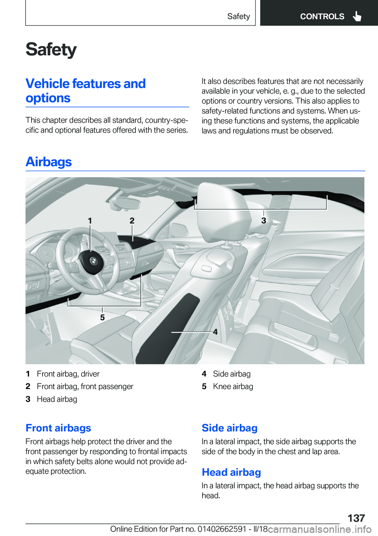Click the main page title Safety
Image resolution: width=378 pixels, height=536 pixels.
51,50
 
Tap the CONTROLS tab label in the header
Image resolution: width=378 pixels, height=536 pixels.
322,17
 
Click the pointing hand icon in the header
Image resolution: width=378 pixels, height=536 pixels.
357,16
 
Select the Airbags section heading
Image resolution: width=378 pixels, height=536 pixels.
48,162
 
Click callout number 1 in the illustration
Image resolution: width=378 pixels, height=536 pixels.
90,221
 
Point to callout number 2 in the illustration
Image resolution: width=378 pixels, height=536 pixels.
132,221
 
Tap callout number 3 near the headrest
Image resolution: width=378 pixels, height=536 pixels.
264,220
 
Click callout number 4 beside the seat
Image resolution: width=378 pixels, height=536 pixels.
215,332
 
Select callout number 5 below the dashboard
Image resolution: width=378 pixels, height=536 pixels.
102,317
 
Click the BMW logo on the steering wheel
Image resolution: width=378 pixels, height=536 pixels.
93,261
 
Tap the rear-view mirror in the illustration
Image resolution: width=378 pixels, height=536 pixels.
125,203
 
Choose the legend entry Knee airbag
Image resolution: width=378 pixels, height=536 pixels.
233,386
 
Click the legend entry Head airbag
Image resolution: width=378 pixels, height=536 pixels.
57,399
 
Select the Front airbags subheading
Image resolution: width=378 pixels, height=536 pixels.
58,428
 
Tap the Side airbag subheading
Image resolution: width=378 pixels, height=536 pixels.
230,428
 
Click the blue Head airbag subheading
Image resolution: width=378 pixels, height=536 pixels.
231,472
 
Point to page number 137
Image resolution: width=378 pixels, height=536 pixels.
356,518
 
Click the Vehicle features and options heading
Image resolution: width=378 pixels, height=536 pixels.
85,91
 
